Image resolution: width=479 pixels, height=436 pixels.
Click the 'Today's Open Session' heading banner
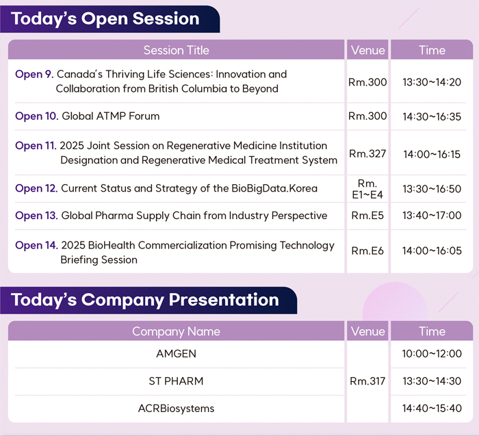109,19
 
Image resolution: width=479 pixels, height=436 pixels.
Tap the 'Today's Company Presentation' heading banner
148,300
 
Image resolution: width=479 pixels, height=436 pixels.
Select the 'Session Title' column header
177,50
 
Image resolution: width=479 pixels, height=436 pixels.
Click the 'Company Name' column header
176,331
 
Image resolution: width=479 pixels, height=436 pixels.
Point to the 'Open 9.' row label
34,74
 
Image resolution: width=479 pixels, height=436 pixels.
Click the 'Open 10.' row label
37,116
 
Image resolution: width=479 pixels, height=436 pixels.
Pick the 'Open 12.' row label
36,188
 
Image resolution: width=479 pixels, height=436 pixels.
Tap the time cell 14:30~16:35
432,116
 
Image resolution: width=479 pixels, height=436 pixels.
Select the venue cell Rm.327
367,154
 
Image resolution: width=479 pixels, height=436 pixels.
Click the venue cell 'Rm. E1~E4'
367,189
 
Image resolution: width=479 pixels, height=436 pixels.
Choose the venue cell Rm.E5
367,216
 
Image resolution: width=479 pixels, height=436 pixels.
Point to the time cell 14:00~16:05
432,251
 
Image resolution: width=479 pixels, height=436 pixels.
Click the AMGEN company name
177,354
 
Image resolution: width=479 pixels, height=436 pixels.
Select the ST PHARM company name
176,381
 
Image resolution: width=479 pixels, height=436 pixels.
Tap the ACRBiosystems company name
177,409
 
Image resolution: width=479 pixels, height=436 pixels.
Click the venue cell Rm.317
367,381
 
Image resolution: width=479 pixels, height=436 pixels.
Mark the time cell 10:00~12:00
432,354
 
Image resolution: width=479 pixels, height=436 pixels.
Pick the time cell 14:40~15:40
432,409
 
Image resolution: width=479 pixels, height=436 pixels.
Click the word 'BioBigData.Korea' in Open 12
274,188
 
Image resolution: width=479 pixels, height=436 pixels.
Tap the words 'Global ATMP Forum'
111,116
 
